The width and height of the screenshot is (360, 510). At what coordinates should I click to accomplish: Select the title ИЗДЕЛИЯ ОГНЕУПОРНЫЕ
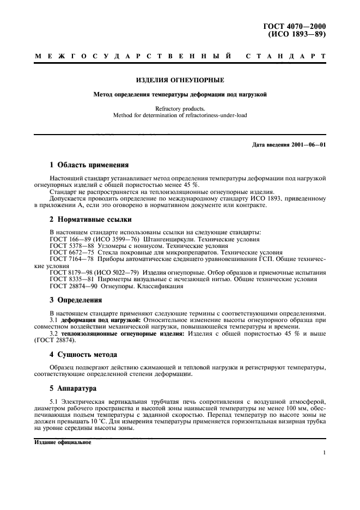point(179,80)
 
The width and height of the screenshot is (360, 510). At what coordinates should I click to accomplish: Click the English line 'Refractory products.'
point(179,108)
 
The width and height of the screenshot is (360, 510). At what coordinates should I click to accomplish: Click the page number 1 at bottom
point(324,452)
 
